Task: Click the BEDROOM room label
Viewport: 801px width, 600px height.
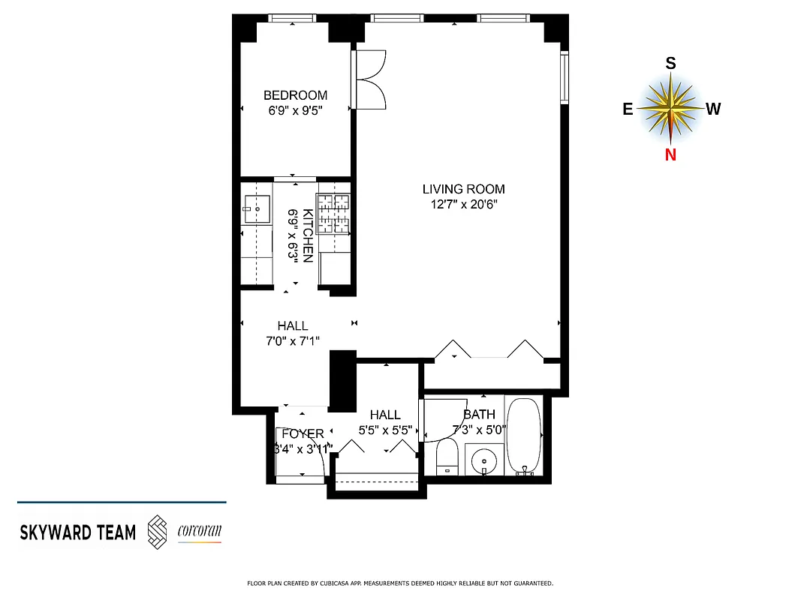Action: pos(295,95)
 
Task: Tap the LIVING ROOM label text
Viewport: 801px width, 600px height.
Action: pos(463,189)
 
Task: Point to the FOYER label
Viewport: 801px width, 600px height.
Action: pos(303,433)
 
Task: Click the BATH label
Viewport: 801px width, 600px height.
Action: pos(479,414)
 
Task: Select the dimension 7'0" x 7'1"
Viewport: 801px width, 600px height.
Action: pos(292,340)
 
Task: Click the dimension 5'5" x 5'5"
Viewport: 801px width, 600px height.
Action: pos(384,430)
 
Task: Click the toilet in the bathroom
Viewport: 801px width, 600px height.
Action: pos(447,457)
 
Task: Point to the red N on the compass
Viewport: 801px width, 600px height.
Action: pos(670,154)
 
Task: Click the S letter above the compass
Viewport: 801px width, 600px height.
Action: pos(670,64)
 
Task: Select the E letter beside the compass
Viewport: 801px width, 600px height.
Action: pos(627,109)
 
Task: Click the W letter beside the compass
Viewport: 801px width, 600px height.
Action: pos(713,109)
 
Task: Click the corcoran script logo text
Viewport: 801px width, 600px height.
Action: pos(199,532)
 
